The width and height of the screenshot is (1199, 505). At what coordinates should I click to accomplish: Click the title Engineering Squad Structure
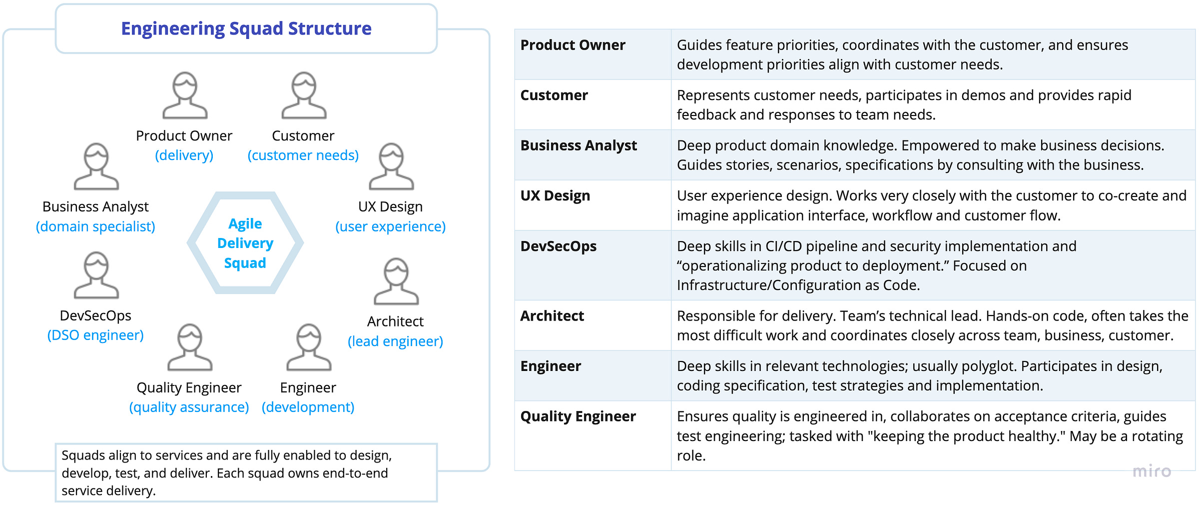click(246, 28)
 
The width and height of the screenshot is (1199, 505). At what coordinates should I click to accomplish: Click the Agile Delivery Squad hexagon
click(245, 243)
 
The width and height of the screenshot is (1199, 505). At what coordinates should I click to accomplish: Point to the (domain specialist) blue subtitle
click(95, 226)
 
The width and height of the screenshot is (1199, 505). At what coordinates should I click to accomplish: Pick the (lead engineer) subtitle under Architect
click(395, 341)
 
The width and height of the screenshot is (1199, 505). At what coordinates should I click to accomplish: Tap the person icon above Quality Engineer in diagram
click(190, 347)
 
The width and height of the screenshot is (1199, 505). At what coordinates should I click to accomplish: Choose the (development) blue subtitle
click(308, 407)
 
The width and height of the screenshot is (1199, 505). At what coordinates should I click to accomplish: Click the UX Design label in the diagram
click(390, 206)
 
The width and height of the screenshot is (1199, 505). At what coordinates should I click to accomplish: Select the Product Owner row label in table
click(573, 45)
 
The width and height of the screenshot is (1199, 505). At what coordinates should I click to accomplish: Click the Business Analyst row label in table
click(579, 145)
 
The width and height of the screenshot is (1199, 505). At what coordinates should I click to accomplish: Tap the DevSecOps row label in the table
click(559, 246)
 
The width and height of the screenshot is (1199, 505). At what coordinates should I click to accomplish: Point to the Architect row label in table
click(552, 316)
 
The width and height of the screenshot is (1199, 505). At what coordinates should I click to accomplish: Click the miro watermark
click(1152, 471)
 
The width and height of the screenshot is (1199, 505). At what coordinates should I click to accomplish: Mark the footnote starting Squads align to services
click(226, 472)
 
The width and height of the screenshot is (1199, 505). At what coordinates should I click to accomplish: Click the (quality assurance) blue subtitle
click(189, 407)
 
